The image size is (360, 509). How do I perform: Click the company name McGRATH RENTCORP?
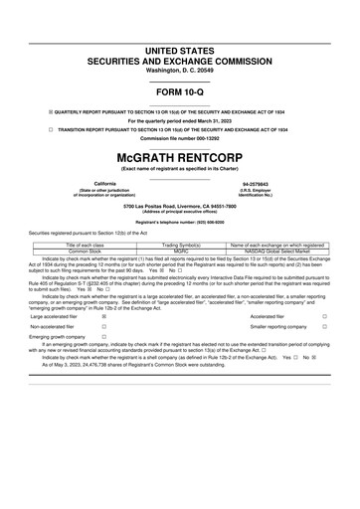[179, 157]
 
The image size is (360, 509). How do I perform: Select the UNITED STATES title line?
[179, 50]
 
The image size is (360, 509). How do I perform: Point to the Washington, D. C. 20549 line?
[179, 72]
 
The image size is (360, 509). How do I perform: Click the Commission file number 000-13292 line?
[179, 138]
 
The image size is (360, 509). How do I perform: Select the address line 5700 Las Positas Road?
[179, 206]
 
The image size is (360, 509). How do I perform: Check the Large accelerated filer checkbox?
[103, 317]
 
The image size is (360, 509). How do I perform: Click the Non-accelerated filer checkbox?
[103, 326]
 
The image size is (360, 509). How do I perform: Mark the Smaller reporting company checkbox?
[323, 326]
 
